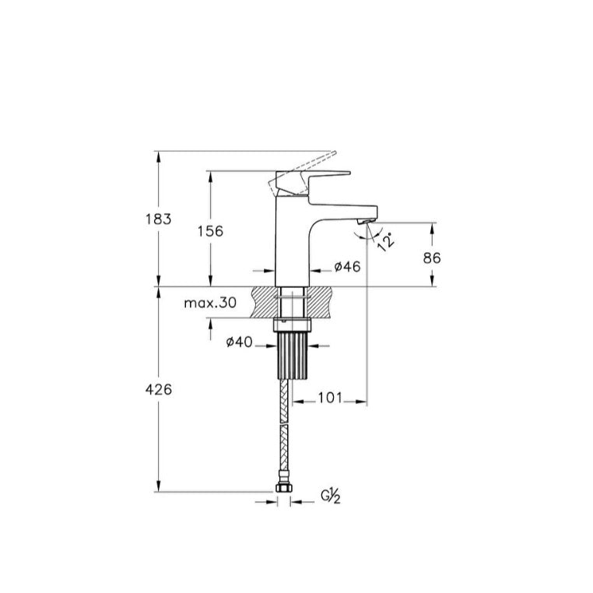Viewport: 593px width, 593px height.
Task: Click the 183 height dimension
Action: (x=159, y=219)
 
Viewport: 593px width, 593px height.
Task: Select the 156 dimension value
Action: (x=210, y=231)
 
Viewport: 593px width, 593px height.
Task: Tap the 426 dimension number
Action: (x=159, y=389)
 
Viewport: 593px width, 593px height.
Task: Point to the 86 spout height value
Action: (x=432, y=258)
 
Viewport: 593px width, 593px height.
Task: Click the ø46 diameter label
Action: (x=348, y=267)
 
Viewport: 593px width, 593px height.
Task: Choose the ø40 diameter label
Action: (x=239, y=342)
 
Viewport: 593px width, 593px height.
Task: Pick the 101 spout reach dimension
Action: (x=330, y=398)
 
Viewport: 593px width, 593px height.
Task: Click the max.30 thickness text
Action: (x=210, y=303)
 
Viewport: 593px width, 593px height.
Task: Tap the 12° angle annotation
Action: (x=386, y=241)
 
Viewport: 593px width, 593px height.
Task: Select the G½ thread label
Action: (x=331, y=496)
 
